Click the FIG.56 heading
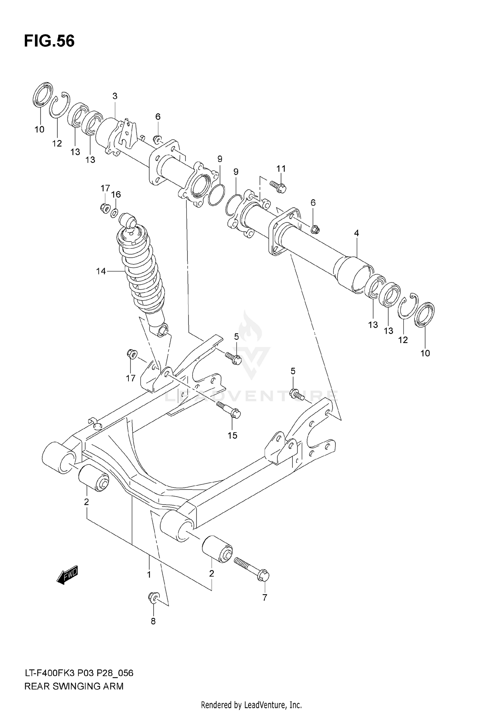click(49, 41)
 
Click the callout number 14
click(101, 271)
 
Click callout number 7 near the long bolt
click(265, 597)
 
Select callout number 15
click(232, 435)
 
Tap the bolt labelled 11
click(278, 186)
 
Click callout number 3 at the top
click(115, 96)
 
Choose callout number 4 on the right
click(356, 233)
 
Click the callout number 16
click(116, 194)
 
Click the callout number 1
click(149, 574)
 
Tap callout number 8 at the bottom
click(153, 621)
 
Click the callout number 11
click(281, 169)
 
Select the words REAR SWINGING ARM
click(74, 686)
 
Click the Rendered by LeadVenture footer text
click(251, 705)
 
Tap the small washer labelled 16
click(114, 212)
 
